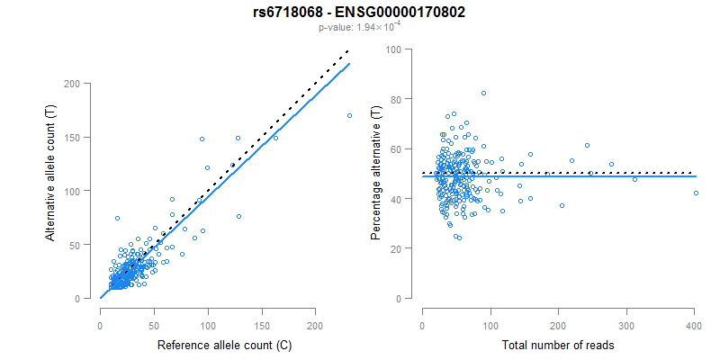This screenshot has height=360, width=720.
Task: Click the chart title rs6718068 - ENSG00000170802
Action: tap(359, 13)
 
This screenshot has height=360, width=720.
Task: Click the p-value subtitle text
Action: tap(359, 28)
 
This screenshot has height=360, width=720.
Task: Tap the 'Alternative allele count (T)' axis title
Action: tap(52, 190)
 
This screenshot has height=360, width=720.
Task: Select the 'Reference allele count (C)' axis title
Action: tap(224, 346)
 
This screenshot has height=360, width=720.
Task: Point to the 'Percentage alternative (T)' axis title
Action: tap(376, 175)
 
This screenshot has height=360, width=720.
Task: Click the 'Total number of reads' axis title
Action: tap(558, 346)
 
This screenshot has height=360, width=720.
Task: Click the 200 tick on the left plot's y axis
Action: tap(82, 84)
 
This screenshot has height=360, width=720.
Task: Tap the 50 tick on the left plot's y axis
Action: tap(82, 245)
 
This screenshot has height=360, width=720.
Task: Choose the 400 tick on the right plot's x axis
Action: tap(694, 326)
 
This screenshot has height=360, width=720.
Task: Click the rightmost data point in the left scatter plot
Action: tap(349, 115)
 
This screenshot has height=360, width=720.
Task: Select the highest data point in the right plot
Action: tap(483, 94)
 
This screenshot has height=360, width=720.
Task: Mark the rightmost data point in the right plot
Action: tap(695, 193)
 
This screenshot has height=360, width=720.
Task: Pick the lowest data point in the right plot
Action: tap(460, 238)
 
